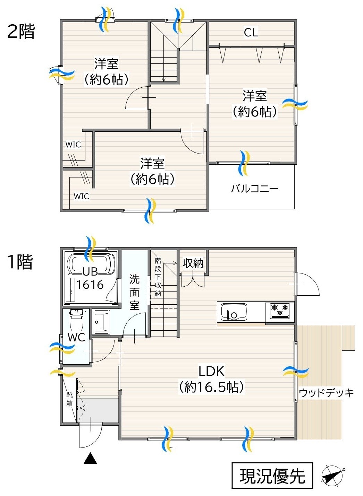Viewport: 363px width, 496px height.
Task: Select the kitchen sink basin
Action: [x=234, y=312]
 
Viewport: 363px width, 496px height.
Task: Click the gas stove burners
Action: [x=280, y=311]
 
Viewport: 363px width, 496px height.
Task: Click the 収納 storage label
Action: [x=193, y=263]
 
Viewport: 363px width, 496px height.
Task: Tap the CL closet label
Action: [x=251, y=33]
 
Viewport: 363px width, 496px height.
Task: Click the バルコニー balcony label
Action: [x=255, y=189]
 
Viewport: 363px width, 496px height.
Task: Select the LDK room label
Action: [x=211, y=371]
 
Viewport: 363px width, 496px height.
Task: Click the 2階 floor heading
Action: [x=21, y=32]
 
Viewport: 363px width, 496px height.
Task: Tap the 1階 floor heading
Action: [x=20, y=262]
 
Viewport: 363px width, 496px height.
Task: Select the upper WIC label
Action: [x=73, y=145]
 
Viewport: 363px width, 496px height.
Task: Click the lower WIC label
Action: [x=82, y=197]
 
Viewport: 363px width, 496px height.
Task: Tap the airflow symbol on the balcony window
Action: [x=245, y=163]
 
